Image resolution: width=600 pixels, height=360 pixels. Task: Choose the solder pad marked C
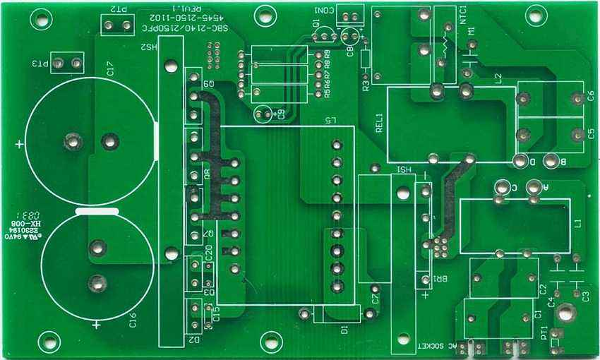click(503, 188)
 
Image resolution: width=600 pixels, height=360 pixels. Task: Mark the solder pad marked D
click(520, 162)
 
